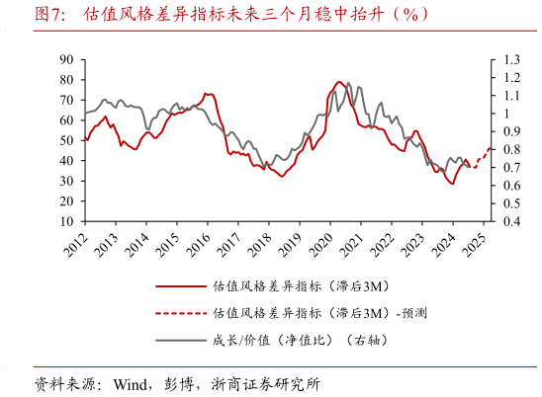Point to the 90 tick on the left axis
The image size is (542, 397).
click(x=67, y=59)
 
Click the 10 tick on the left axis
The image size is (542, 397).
click(x=67, y=222)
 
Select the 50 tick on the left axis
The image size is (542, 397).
click(x=67, y=141)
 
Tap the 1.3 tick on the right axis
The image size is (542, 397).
click(x=510, y=59)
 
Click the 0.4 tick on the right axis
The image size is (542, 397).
click(x=510, y=222)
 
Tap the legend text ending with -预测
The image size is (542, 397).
click(x=319, y=313)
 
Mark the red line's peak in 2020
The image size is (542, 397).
click(x=339, y=82)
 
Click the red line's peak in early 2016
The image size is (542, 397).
click(x=207, y=94)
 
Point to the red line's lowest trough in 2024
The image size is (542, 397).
click(x=452, y=184)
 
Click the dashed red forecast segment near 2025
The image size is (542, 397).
click(x=482, y=156)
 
